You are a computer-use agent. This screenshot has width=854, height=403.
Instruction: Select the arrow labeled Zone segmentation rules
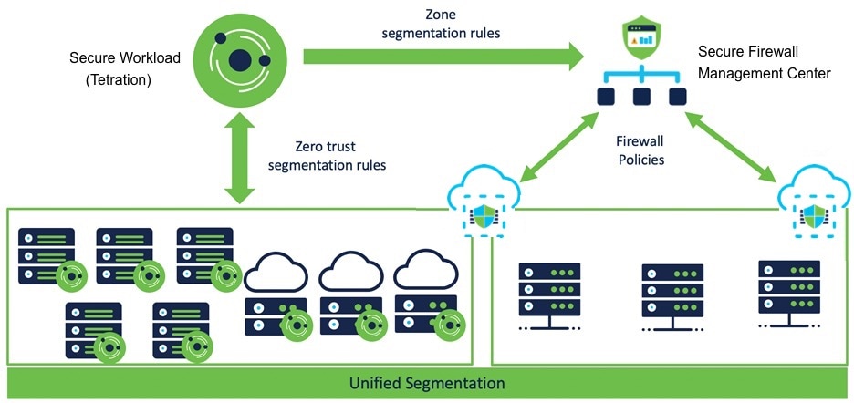[443, 57]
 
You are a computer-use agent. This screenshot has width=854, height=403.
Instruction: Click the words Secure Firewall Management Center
[764, 62]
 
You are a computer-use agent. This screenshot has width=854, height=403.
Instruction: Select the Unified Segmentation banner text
[427, 383]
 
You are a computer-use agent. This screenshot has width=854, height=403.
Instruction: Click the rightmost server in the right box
[788, 292]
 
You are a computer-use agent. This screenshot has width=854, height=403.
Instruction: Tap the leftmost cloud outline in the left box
[277, 271]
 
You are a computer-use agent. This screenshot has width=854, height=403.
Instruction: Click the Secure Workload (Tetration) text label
[125, 69]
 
